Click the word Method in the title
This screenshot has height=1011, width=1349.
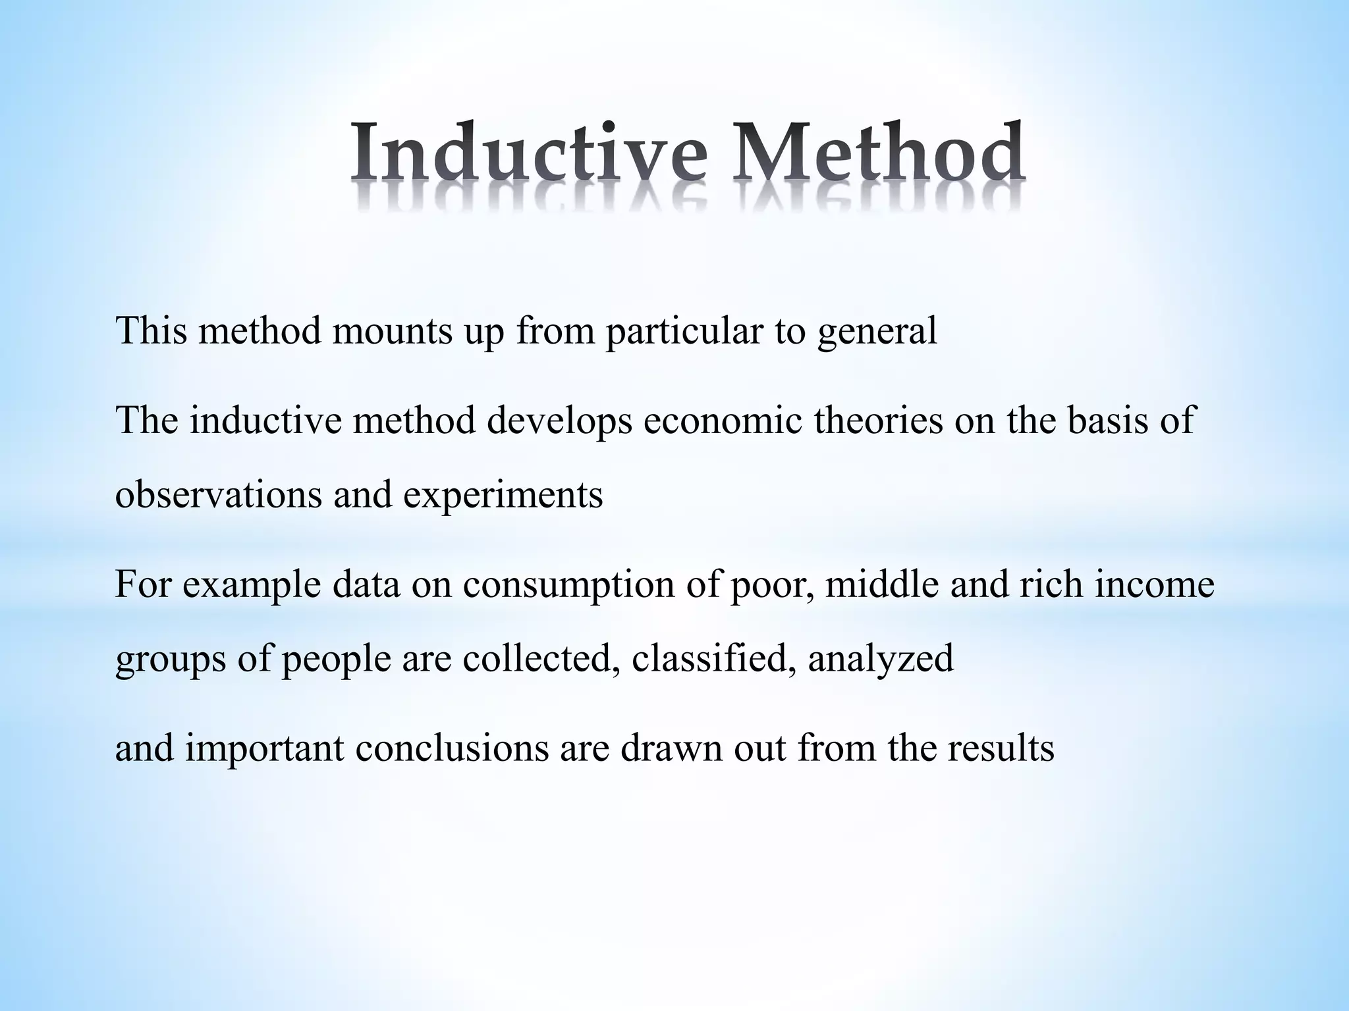coord(880,153)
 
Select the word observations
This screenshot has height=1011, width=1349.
coord(217,494)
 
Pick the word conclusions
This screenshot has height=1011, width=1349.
coord(452,749)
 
